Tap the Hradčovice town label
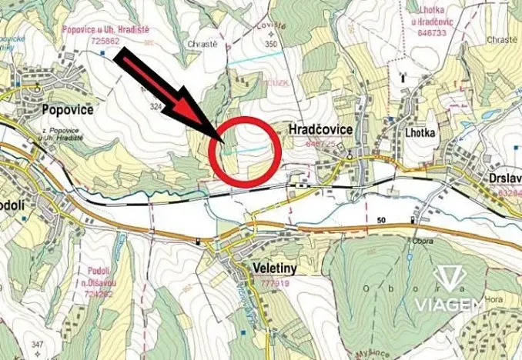coord(320,131)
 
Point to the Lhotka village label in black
coord(419,132)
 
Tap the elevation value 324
coord(157,107)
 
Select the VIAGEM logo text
coord(450,305)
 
